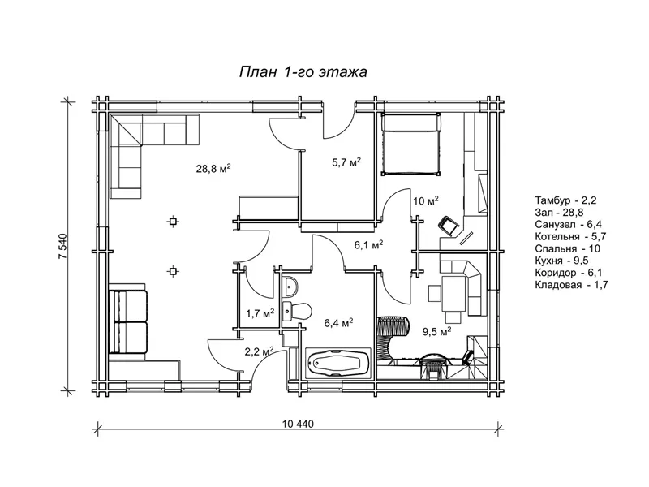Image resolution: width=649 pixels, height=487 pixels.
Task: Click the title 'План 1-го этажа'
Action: click(303, 72)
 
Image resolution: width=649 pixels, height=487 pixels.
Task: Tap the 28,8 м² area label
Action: click(213, 170)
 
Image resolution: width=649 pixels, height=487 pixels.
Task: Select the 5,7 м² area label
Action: click(346, 163)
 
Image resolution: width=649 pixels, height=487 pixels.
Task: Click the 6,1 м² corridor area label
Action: click(368, 244)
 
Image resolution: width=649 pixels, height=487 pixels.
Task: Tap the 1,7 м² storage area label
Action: click(260, 312)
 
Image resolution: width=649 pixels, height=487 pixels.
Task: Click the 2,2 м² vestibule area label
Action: click(259, 351)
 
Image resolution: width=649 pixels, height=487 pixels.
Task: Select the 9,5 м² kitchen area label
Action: click(436, 331)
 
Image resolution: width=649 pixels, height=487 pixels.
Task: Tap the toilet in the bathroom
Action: click(300, 310)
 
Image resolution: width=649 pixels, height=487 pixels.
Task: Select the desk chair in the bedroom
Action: click(448, 225)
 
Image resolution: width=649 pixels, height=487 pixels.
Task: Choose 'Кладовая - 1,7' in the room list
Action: click(571, 285)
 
